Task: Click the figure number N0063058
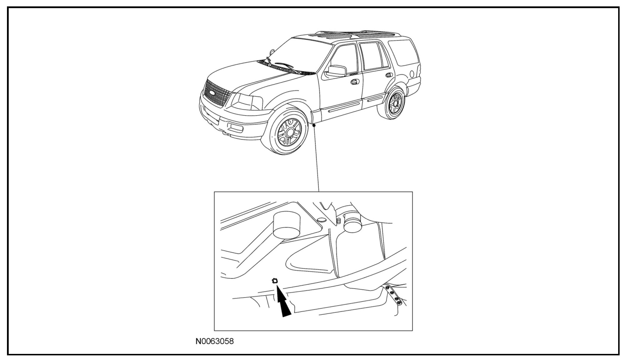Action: click(215, 341)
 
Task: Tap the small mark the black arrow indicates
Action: click(275, 281)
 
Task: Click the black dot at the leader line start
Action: click(314, 125)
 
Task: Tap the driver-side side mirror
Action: click(337, 71)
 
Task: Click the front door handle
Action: click(354, 82)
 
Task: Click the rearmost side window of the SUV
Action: click(403, 53)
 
